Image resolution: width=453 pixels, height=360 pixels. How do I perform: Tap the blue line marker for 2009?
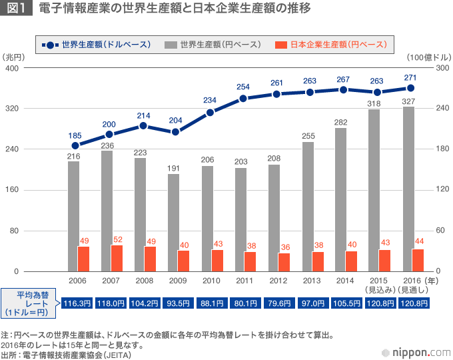[176, 132]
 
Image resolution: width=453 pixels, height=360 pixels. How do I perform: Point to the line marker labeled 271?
[411, 88]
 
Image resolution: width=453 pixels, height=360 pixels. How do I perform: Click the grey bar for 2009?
[173, 223]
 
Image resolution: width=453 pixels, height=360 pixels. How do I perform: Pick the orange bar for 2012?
[284, 262]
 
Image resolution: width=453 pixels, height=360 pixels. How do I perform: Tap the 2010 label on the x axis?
[211, 282]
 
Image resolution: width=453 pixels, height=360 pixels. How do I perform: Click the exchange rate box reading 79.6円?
[280, 303]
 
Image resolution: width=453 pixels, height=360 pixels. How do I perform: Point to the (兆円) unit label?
[13, 58]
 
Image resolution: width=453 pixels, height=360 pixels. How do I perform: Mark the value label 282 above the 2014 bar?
[340, 122]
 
